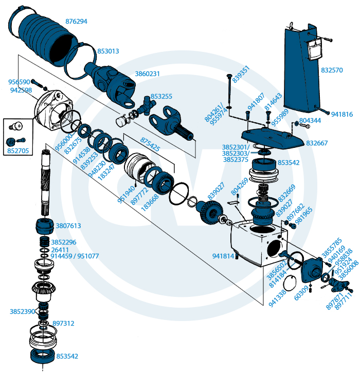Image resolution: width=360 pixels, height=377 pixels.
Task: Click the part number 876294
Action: [76, 22]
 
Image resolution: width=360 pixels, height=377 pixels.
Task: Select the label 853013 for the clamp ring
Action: [108, 51]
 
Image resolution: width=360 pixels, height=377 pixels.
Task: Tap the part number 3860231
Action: [148, 74]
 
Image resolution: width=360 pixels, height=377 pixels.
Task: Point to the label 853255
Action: [161, 96]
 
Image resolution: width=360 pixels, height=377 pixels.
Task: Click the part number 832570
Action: [332, 70]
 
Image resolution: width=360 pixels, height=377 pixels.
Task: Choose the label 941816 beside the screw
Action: [342, 115]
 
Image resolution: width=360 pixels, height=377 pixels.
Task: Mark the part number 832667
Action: [317, 143]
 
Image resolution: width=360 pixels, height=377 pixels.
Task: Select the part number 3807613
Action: [68, 225]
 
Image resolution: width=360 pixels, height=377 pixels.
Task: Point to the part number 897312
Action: [63, 323]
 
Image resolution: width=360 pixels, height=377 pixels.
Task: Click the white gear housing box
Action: [255, 241]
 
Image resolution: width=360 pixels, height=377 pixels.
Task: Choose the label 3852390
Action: [22, 312]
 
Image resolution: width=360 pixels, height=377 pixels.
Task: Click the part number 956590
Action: [19, 82]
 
